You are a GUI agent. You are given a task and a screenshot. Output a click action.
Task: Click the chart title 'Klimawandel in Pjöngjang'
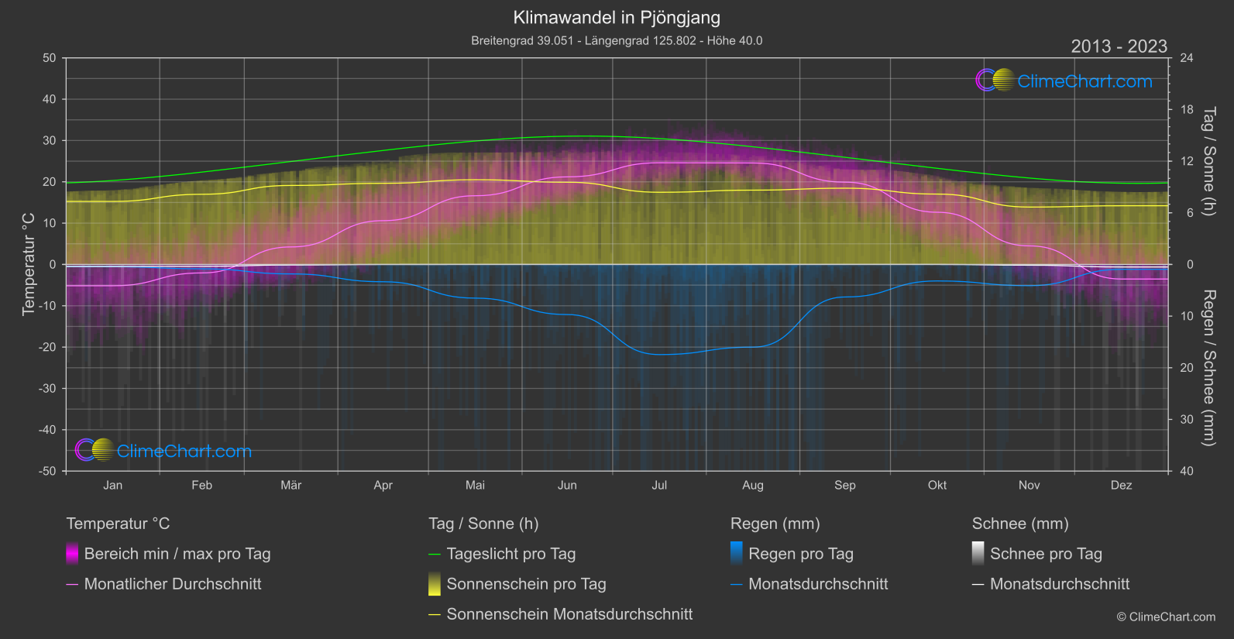point(617,18)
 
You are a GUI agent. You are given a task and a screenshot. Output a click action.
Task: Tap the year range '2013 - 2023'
point(1119,46)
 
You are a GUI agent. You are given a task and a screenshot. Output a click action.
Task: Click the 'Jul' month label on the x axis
point(659,486)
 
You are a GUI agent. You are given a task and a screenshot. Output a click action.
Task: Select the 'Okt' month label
point(937,486)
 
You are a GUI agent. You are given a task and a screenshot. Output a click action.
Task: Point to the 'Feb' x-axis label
point(201,486)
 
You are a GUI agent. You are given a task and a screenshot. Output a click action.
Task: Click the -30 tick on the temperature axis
point(47,389)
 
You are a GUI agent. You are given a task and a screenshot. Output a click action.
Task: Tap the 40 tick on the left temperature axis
point(50,99)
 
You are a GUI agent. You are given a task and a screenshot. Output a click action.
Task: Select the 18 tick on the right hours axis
point(1187,110)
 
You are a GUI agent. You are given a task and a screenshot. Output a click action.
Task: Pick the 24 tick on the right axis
point(1187,58)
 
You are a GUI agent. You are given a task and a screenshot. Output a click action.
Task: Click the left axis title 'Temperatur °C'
point(29,264)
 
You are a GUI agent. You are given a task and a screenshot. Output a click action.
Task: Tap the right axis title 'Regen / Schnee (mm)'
point(1208,368)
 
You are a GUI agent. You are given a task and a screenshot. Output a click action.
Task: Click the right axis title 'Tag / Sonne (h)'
point(1208,161)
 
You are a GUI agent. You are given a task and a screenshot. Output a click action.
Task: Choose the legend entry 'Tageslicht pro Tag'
point(510,554)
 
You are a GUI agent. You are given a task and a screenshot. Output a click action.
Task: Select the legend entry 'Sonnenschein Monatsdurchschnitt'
point(569,614)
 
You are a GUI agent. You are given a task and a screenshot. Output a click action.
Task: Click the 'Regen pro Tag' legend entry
point(800,554)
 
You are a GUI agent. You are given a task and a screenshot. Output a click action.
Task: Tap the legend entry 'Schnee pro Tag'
point(1045,554)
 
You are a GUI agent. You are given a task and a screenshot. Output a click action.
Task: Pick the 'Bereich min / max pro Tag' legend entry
point(177,554)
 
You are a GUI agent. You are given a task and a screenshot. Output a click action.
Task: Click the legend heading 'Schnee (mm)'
point(1020,524)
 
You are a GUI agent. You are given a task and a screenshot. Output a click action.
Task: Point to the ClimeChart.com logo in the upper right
point(1064,81)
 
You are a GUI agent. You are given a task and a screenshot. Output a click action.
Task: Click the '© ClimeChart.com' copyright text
point(1166,617)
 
